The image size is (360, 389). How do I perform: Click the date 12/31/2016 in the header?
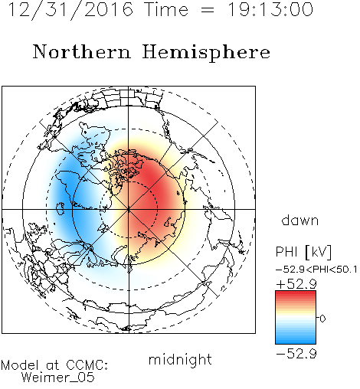[x=70, y=10]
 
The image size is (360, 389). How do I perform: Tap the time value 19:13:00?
[x=270, y=10]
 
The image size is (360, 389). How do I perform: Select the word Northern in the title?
[x=82, y=51]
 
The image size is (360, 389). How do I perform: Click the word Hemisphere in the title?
[x=206, y=53]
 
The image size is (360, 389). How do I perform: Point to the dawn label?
[x=300, y=220]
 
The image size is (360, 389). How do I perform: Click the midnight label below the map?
[x=180, y=360]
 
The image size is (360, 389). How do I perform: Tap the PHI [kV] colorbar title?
[x=304, y=252]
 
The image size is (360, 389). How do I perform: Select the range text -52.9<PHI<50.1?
[x=316, y=270]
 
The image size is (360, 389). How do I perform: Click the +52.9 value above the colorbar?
[x=296, y=284]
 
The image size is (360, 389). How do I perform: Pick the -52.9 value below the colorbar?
[x=296, y=354]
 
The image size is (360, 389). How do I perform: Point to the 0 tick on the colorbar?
[x=322, y=319]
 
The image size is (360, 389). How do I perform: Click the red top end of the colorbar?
[x=296, y=293]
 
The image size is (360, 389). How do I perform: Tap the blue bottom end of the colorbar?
[x=296, y=341]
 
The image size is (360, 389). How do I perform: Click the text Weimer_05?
[x=58, y=377]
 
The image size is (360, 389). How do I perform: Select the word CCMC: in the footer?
[x=87, y=365]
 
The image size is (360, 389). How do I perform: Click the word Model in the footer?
[x=20, y=365]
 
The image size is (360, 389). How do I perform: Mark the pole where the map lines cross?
[x=129, y=209]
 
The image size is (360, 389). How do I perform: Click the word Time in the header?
[x=166, y=10]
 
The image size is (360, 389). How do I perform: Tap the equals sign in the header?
[x=208, y=10]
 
